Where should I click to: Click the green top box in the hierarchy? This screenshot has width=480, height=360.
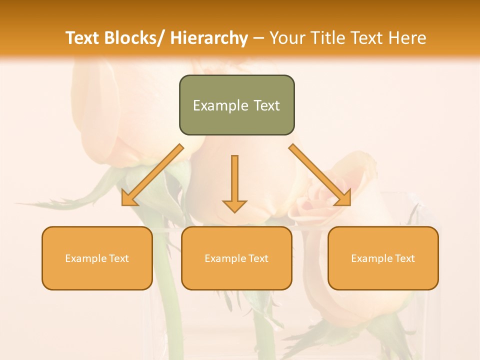[236, 105]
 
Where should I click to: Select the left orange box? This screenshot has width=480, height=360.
[97, 258]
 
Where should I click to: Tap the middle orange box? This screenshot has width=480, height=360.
[236, 258]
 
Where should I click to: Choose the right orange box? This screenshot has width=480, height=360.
[383, 258]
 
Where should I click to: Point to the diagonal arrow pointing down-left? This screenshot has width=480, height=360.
[152, 175]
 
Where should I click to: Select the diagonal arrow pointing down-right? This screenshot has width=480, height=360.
[320, 175]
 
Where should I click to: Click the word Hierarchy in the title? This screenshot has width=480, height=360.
[209, 38]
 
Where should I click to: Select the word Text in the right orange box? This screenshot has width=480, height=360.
[404, 258]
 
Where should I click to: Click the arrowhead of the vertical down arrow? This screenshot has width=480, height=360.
[234, 205]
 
